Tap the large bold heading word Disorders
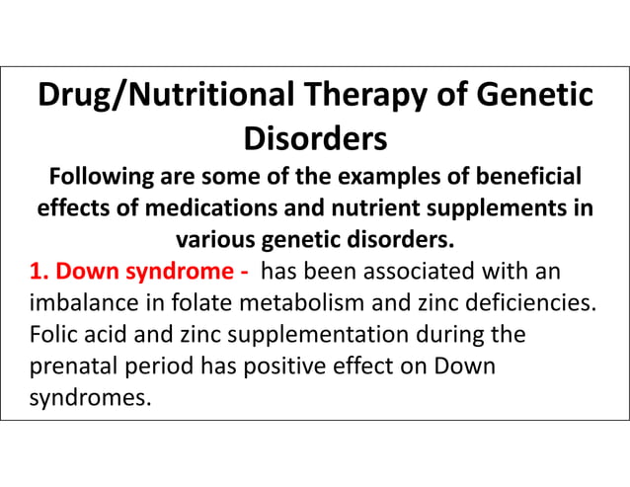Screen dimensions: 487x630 tap(315, 138)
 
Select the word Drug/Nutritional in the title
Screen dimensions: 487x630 tap(166, 97)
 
